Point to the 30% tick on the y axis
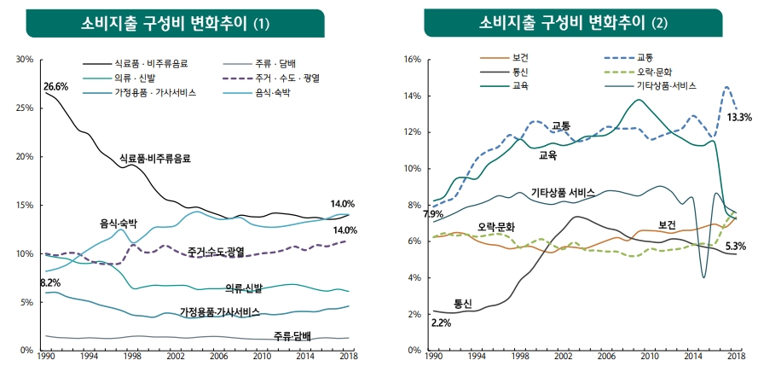click(24, 60)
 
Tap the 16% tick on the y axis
click(413, 60)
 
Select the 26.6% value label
click(55, 87)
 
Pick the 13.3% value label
click(738, 118)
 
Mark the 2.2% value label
click(442, 323)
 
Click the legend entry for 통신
click(521, 73)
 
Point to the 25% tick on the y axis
click(24, 108)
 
